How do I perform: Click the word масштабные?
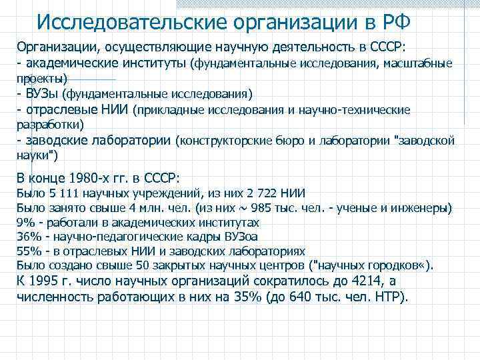point(421,64)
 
